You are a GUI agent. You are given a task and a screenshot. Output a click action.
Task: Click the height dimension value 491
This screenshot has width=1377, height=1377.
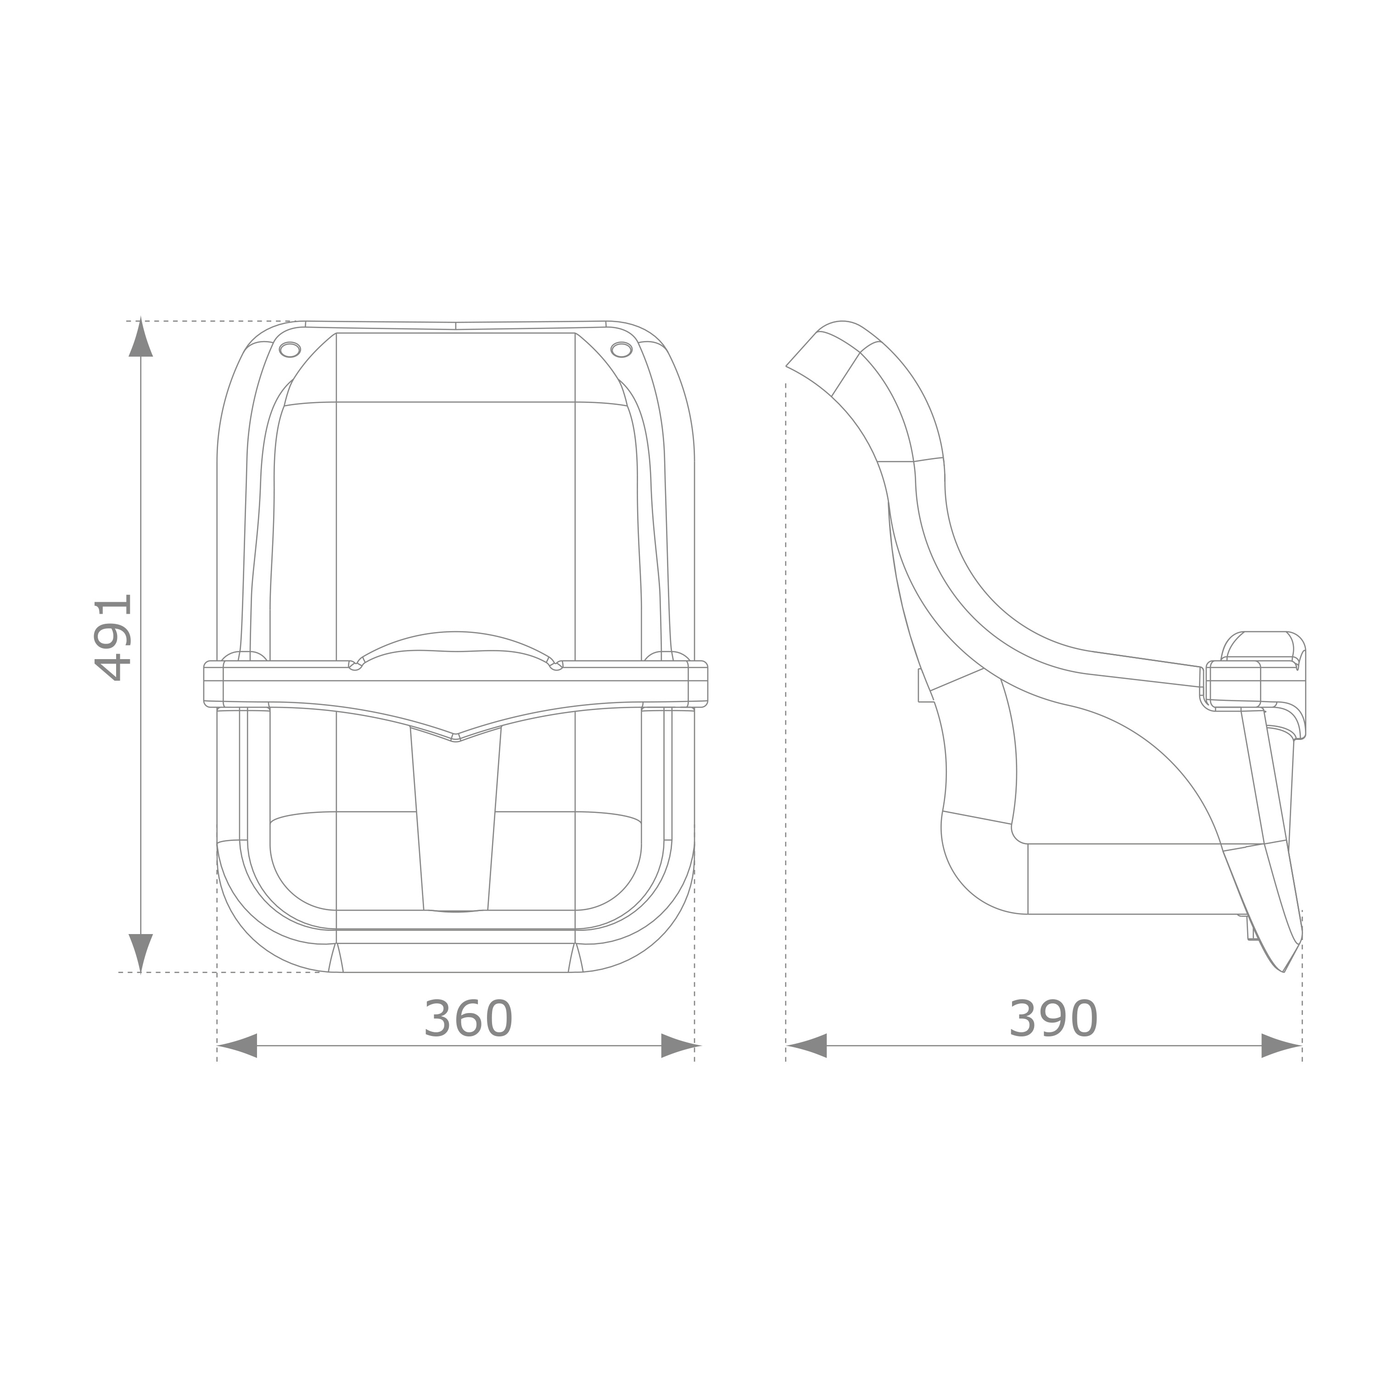[x=114, y=638]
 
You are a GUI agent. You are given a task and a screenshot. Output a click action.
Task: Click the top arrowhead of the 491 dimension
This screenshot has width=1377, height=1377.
[x=140, y=339]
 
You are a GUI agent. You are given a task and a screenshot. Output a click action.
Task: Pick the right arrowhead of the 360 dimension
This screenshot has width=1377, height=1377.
[x=679, y=1046]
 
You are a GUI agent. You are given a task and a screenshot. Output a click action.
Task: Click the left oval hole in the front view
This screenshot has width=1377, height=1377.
[x=289, y=349]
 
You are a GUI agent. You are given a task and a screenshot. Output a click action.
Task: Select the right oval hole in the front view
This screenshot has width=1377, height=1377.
[x=621, y=349]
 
